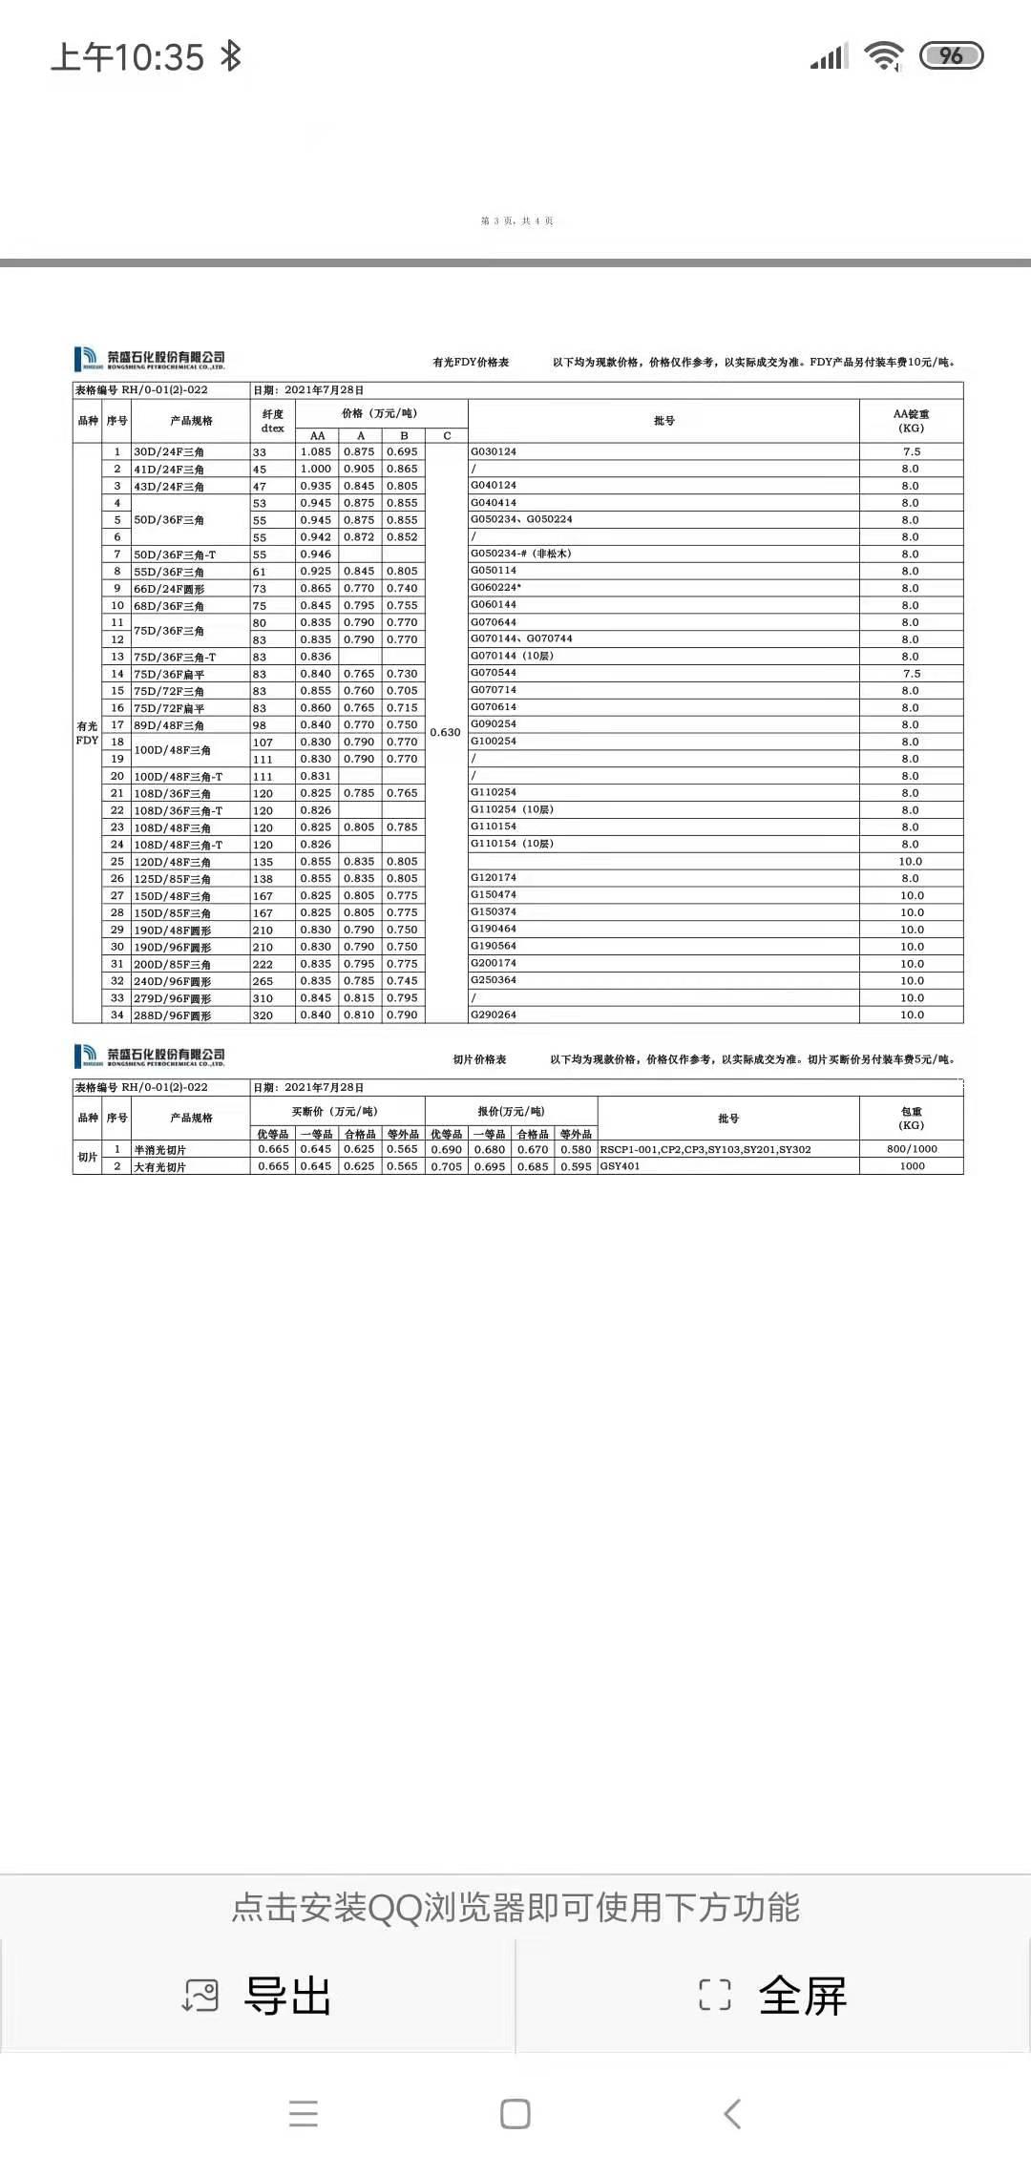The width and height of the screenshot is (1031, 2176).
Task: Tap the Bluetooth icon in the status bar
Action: pos(230,56)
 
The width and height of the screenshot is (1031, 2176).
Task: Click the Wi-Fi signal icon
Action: pos(884,56)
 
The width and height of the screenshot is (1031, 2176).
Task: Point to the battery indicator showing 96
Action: pos(951,56)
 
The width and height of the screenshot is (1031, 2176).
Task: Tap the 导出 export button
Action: pos(258,1996)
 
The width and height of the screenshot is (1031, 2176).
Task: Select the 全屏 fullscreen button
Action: pos(773,1996)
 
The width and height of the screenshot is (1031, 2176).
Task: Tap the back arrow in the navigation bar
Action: pos(732,2114)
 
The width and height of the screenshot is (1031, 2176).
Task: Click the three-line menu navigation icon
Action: pos(304,2114)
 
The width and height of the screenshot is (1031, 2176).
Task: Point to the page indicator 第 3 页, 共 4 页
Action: pos(516,221)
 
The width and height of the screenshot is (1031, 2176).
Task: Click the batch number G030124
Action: pos(494,451)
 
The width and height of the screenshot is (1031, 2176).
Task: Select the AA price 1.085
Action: pos(316,451)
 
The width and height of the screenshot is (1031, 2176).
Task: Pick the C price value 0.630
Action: pos(446,732)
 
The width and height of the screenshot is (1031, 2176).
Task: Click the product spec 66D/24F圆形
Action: pos(169,589)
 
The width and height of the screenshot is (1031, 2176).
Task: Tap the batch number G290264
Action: pos(494,1015)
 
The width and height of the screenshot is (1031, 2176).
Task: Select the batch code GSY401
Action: pos(621,1166)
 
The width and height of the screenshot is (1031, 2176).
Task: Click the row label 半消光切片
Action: pos(160,1150)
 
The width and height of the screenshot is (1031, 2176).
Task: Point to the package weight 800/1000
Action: pos(912,1149)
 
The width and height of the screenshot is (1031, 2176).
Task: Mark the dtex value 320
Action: pos(263,1015)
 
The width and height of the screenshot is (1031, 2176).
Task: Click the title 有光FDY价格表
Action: pos(471,363)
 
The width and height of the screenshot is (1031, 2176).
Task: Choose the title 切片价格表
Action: pos(479,1059)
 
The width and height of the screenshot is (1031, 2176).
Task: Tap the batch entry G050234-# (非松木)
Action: pos(521,554)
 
